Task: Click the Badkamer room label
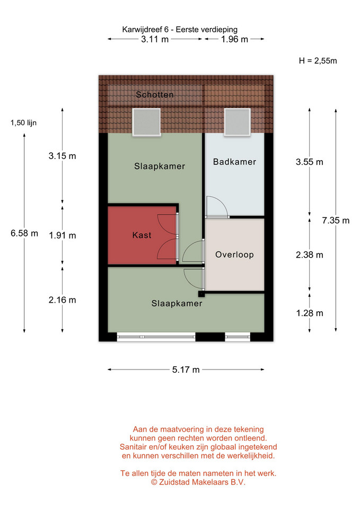click(x=234, y=162)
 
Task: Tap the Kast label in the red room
click(x=142, y=235)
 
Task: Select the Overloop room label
click(x=234, y=254)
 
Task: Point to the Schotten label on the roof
click(x=154, y=94)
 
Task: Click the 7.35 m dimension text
click(x=336, y=221)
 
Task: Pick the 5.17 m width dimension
click(x=186, y=370)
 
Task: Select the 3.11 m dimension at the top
click(x=155, y=39)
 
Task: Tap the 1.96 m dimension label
click(x=234, y=39)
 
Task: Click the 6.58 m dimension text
click(x=24, y=233)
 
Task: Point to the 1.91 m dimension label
click(x=63, y=235)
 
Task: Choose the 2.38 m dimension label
click(x=309, y=255)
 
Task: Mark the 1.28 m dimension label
click(x=309, y=313)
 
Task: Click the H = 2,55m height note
click(x=318, y=60)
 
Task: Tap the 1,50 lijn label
click(x=23, y=122)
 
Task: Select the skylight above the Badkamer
click(x=238, y=122)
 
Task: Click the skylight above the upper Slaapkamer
click(x=146, y=122)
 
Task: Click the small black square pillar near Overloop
click(x=201, y=294)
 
